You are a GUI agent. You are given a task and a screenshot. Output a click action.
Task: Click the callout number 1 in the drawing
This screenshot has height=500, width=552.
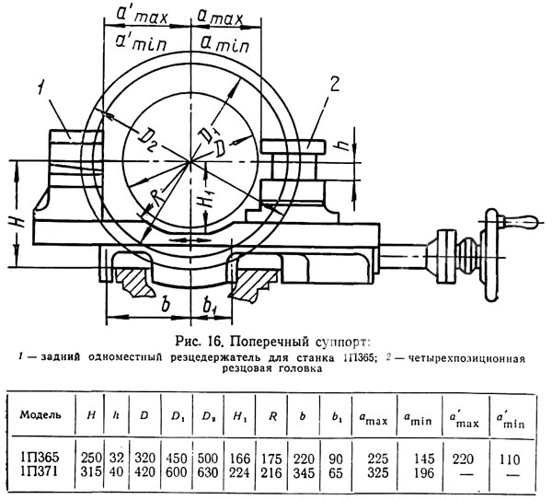[x=42, y=87]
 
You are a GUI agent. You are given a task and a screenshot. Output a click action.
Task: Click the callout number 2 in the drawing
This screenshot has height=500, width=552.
[x=334, y=85]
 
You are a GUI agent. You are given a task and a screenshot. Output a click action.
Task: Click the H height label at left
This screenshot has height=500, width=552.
[x=17, y=221]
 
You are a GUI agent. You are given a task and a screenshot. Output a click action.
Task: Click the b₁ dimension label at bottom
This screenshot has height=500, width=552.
[x=210, y=305]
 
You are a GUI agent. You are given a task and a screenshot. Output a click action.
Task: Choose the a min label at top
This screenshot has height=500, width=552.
[x=225, y=45]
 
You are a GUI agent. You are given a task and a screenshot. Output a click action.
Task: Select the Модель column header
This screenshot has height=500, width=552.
[x=40, y=414]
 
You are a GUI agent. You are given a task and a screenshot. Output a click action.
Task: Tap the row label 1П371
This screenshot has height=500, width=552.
[x=39, y=471]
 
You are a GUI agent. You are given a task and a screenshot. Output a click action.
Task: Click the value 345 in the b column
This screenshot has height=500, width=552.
[x=304, y=472]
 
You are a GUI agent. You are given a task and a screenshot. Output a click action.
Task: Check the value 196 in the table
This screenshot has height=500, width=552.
[x=424, y=472]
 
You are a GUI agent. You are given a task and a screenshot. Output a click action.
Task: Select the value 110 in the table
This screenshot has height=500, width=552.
[x=509, y=459]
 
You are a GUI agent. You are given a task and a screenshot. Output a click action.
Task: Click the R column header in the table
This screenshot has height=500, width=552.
[x=272, y=416]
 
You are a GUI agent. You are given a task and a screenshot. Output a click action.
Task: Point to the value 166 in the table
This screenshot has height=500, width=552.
[x=240, y=459]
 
